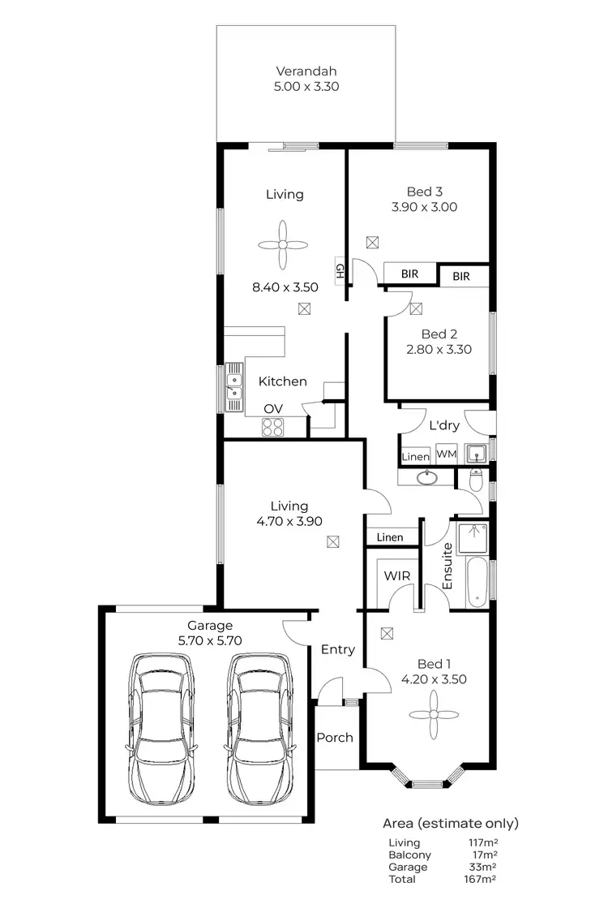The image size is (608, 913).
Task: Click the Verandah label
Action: pyautogui.click(x=306, y=70)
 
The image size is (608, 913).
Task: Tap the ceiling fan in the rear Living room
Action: pyautogui.click(x=284, y=244)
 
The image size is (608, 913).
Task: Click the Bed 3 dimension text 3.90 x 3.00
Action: pyautogui.click(x=424, y=207)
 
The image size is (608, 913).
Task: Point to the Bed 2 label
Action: pyautogui.click(x=439, y=334)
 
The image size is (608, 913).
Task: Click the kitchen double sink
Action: pyautogui.click(x=235, y=385)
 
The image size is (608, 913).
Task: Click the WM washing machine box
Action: pyautogui.click(x=447, y=454)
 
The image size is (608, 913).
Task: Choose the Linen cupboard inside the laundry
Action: pyautogui.click(x=415, y=456)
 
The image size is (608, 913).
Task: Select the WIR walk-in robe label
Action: pyautogui.click(x=396, y=575)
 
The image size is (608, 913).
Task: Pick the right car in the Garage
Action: pyautogui.click(x=259, y=729)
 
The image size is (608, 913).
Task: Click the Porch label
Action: pyautogui.click(x=335, y=738)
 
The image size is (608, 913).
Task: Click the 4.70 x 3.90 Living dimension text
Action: pyautogui.click(x=289, y=521)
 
